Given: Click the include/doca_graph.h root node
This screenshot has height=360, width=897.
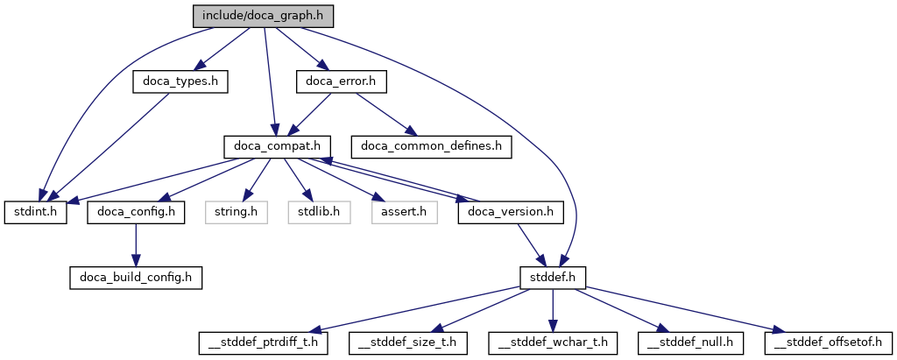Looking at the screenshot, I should pyautogui.click(x=264, y=16).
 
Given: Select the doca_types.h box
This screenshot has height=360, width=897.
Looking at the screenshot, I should pyautogui.click(x=180, y=81).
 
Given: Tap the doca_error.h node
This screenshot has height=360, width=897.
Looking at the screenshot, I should pyautogui.click(x=340, y=81).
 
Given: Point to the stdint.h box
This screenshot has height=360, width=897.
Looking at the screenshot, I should pyautogui.click(x=36, y=212).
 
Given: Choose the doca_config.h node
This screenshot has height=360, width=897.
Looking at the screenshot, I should pyautogui.click(x=135, y=212).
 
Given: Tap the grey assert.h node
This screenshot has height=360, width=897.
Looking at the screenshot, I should pyautogui.click(x=403, y=212).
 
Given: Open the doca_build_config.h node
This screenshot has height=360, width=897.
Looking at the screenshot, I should pyautogui.click(x=136, y=278).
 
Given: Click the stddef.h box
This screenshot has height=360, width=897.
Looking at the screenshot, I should pyautogui.click(x=552, y=278).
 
